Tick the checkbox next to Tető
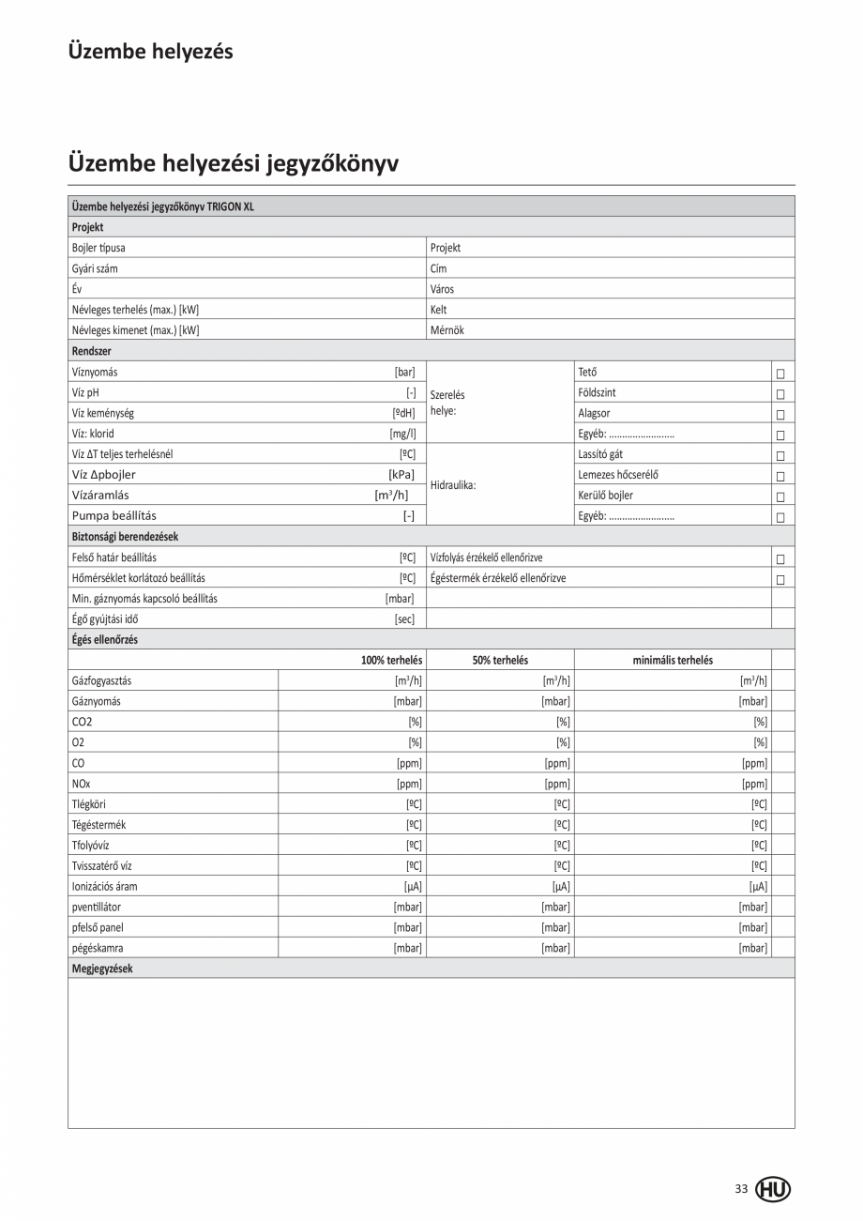click(x=780, y=374)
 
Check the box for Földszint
click(x=780, y=394)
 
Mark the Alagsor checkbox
click(x=780, y=415)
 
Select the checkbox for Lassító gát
click(x=780, y=456)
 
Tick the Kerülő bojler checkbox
click(x=780, y=496)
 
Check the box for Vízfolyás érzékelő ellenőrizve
click(x=780, y=559)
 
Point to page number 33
click(x=741, y=1189)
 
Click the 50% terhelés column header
click(x=500, y=660)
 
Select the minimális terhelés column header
click(x=673, y=660)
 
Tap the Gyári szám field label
click(x=95, y=268)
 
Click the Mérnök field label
click(x=447, y=330)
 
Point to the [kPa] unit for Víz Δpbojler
click(x=401, y=475)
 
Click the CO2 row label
click(x=82, y=722)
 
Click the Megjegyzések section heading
click(x=102, y=969)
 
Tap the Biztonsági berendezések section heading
click(x=125, y=537)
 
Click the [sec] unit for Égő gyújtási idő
click(x=404, y=619)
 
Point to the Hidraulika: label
click(x=453, y=485)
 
